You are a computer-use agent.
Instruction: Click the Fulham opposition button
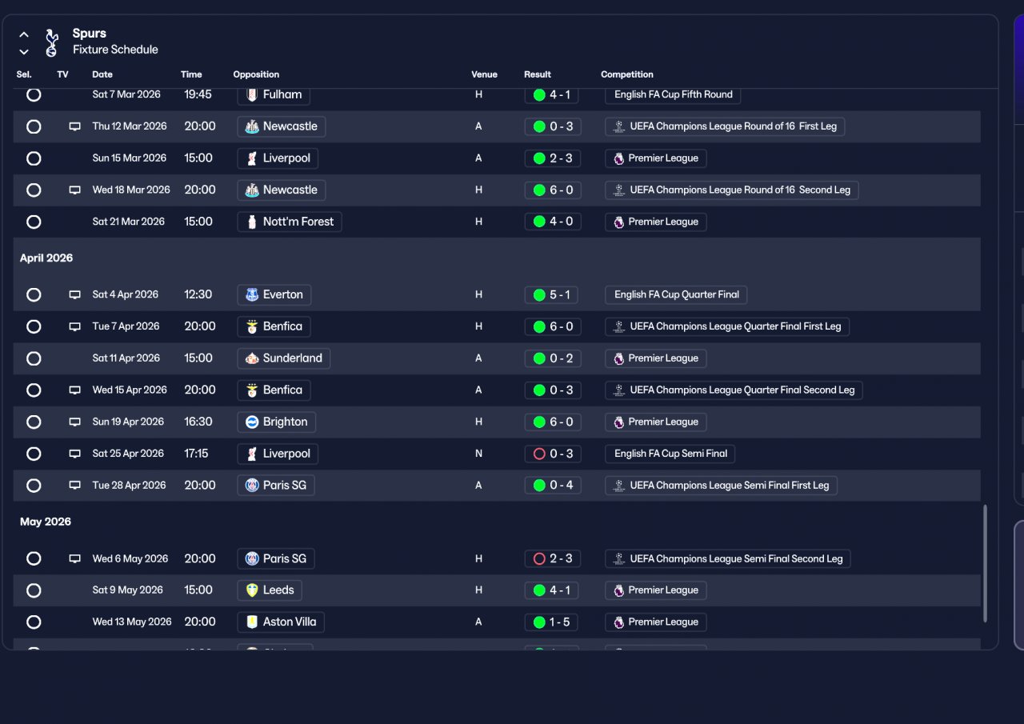[274, 94]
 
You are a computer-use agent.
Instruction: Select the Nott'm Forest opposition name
[298, 222]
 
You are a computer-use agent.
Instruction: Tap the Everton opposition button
[274, 294]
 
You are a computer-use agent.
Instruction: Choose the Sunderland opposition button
[284, 358]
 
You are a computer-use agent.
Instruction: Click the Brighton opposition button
[277, 422]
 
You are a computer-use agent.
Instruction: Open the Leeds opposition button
[270, 590]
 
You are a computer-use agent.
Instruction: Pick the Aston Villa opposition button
[281, 622]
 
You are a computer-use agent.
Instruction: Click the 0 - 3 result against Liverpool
[552, 454]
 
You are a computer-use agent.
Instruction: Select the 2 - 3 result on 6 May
[552, 558]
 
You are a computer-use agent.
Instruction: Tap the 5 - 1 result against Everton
[552, 294]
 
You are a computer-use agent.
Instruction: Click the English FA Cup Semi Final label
[670, 454]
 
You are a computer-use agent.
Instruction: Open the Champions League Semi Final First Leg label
[722, 486]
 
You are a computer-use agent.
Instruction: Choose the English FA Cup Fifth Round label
[673, 94]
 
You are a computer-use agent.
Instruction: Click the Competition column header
[627, 74]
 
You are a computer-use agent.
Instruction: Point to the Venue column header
[484, 74]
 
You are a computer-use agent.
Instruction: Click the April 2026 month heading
[46, 258]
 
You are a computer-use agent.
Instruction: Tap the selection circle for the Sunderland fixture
[34, 358]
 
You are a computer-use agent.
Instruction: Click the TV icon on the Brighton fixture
[75, 422]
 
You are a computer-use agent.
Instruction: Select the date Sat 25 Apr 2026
[128, 454]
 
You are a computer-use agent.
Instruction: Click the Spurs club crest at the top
[52, 42]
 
